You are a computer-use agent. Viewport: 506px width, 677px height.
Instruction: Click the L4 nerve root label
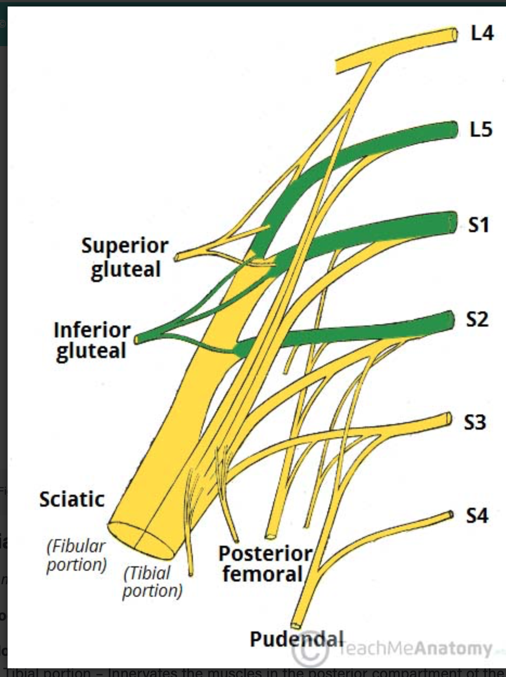(x=482, y=34)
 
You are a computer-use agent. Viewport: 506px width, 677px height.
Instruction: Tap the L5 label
(x=481, y=130)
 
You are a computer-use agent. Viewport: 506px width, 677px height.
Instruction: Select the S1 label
(x=479, y=224)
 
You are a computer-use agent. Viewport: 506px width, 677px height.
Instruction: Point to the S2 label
(x=478, y=320)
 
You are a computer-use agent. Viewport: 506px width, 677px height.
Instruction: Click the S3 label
(x=475, y=422)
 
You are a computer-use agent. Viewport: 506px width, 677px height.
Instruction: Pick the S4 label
(x=476, y=515)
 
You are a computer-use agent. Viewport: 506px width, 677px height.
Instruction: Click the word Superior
(x=125, y=246)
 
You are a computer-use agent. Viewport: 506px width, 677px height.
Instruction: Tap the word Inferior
(x=92, y=329)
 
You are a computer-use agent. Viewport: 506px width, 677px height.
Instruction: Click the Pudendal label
(x=297, y=639)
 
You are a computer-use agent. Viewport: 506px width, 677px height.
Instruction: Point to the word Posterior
(x=265, y=553)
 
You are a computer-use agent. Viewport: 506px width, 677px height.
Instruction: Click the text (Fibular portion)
(x=76, y=555)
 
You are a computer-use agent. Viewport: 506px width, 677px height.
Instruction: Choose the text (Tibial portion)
(x=152, y=581)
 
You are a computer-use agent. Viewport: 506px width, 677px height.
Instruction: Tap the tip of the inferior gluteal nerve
(x=138, y=339)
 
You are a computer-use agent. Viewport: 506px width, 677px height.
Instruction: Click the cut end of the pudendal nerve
(x=295, y=625)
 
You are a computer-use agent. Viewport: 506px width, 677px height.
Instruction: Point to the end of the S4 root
(x=451, y=514)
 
